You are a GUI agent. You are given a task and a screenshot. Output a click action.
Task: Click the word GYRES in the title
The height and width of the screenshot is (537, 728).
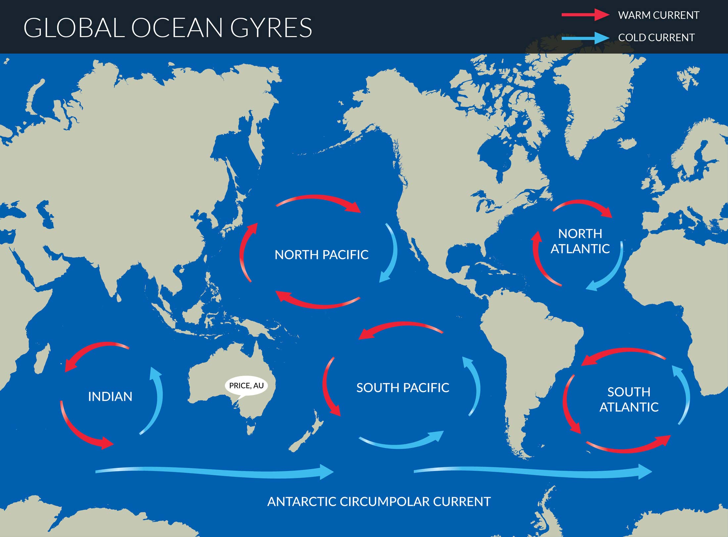[271, 28]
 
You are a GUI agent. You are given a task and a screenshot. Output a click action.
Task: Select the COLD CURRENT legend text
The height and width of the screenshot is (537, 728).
[656, 37]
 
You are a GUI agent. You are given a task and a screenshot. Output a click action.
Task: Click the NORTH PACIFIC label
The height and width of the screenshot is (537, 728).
[321, 255]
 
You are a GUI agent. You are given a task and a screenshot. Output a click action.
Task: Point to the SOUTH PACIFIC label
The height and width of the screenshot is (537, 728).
[402, 388]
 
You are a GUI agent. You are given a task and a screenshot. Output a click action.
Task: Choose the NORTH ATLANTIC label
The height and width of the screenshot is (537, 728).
[580, 241]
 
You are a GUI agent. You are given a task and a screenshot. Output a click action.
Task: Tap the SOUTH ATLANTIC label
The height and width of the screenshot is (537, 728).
[629, 400]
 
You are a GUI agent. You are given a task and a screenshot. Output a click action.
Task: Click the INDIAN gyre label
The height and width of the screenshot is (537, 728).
[110, 397]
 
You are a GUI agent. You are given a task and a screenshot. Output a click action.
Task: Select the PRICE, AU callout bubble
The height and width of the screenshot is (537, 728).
[246, 386]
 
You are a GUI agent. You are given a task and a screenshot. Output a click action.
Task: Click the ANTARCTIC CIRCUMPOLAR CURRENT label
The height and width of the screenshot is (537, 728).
[379, 502]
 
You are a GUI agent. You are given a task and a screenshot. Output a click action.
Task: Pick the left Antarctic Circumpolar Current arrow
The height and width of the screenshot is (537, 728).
[215, 472]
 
